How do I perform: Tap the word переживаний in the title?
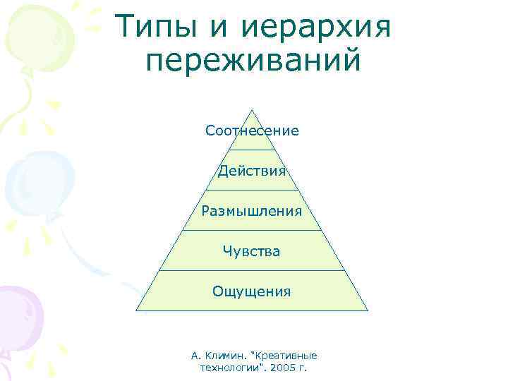(x=253, y=61)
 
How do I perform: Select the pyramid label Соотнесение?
(x=252, y=131)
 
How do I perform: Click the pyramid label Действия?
(x=252, y=171)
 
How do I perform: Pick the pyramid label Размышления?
(x=252, y=211)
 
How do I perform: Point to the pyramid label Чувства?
(x=252, y=251)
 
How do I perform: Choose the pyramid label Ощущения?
(x=252, y=291)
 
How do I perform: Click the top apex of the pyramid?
(x=252, y=109)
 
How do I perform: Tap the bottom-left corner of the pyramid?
(x=137, y=310)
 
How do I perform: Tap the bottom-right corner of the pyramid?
(x=368, y=310)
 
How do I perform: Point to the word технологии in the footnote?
(x=228, y=368)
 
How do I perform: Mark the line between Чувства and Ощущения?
(x=252, y=270)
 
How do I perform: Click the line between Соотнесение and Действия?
(x=252, y=150)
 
